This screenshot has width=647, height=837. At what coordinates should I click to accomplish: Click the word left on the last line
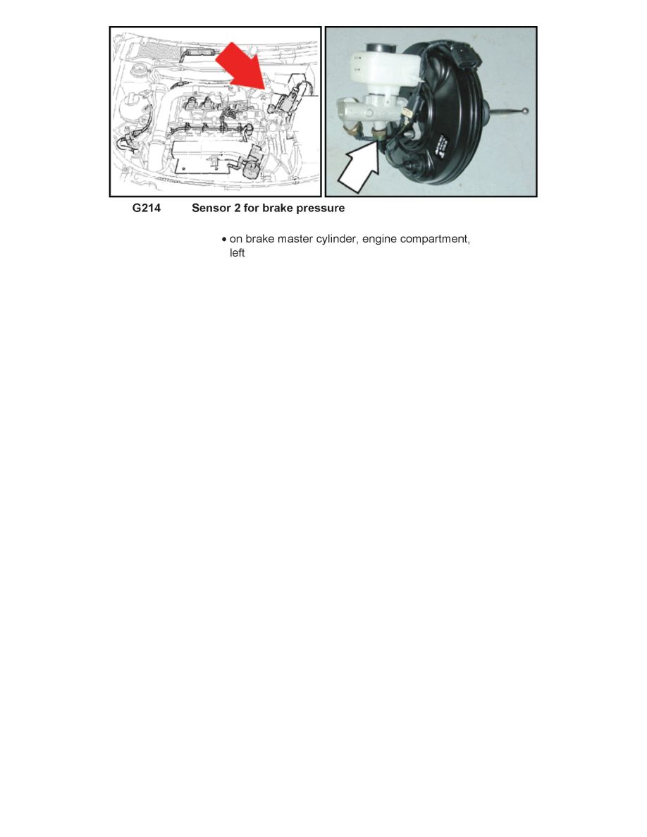point(237,252)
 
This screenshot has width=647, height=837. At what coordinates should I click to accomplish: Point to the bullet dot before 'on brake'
point(223,240)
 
